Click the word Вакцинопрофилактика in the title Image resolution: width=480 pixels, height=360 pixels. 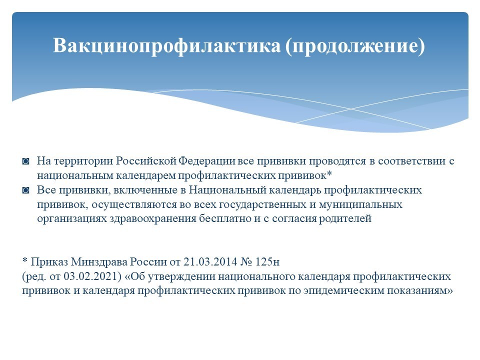(167, 45)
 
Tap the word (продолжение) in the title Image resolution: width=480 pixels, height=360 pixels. (355, 46)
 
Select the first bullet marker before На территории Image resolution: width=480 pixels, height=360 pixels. (25, 161)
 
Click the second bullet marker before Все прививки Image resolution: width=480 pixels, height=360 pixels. (25, 190)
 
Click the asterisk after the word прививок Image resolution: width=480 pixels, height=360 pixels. (329, 174)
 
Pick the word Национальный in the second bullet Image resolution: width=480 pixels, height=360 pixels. (227, 190)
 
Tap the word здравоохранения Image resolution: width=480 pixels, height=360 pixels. (153, 219)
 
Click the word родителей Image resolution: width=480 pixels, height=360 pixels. (345, 219)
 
